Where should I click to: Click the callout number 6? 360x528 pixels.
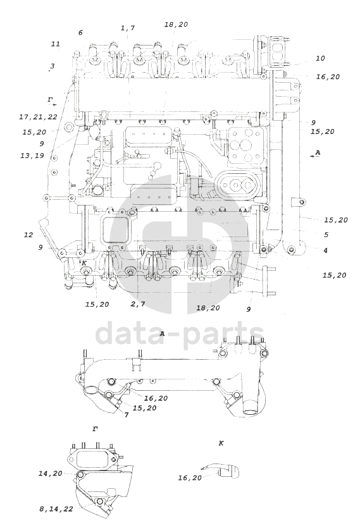tap(80, 33)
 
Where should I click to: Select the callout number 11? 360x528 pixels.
tap(56, 44)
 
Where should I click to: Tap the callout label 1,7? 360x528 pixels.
tap(128, 28)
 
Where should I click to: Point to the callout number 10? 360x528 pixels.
tap(320, 58)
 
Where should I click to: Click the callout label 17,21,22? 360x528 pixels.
tap(38, 117)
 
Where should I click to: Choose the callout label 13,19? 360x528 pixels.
tap(32, 156)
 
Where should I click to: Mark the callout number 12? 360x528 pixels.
tap(28, 235)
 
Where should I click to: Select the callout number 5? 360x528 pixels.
tap(326, 235)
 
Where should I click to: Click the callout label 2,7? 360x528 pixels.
tap(137, 304)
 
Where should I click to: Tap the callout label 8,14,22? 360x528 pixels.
tap(56, 509)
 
